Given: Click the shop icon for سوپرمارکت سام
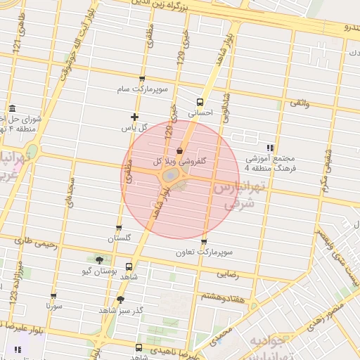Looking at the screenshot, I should (x=143, y=79).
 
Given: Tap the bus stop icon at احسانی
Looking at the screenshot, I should (x=200, y=101).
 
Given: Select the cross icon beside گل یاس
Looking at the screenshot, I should (x=134, y=117).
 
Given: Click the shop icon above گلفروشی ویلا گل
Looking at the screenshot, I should (x=180, y=150).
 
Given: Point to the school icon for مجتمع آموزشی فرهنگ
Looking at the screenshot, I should (x=271, y=148).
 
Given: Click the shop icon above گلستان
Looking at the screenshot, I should (x=119, y=228).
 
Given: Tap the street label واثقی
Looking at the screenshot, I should (x=299, y=103).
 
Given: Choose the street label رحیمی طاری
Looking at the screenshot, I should (x=30, y=240).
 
